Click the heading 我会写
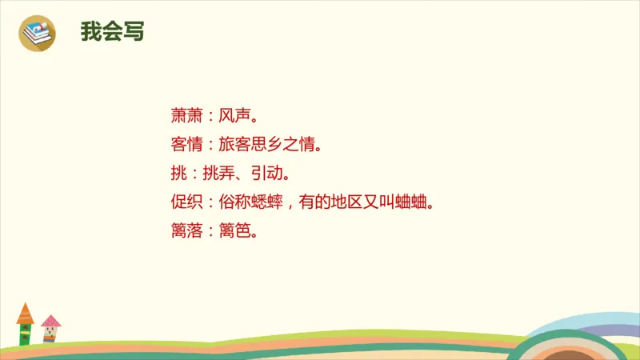point(112,31)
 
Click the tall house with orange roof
point(26,324)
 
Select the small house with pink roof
point(51,329)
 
